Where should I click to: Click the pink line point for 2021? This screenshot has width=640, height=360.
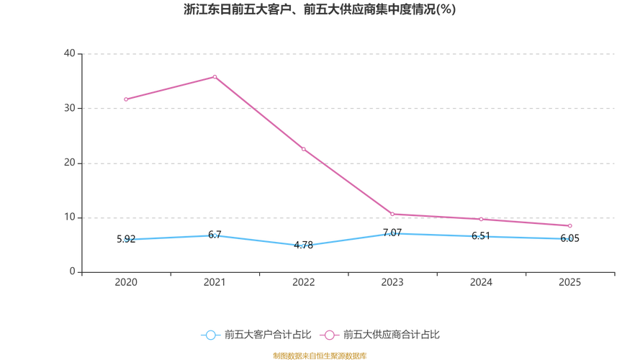[x=215, y=76]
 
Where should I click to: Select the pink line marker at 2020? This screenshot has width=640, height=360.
[x=126, y=99]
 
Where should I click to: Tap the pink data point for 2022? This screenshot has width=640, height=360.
[x=304, y=150]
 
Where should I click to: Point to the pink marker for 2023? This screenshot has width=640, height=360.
[x=393, y=213]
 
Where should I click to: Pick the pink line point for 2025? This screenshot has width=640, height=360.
[x=569, y=226]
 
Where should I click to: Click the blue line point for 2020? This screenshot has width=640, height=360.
[x=126, y=240]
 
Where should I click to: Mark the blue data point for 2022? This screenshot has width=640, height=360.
[x=304, y=246]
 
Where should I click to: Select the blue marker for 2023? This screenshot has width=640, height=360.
[x=393, y=233]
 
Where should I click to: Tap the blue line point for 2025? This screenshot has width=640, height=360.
[x=569, y=238]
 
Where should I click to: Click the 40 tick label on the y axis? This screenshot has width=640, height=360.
[x=70, y=53]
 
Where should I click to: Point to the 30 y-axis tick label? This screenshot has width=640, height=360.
[x=70, y=108]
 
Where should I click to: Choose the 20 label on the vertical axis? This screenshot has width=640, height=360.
[x=70, y=163]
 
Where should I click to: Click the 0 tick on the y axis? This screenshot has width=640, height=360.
[x=73, y=272]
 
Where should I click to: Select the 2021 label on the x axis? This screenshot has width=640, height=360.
[x=215, y=282]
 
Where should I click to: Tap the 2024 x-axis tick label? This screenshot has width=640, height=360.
[x=482, y=282]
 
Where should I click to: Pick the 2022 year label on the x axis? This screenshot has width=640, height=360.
[x=304, y=282]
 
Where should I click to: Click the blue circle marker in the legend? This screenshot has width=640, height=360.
[x=210, y=335]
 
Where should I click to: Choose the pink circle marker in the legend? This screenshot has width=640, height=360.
[x=330, y=335]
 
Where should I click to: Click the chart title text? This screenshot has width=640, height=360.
[x=320, y=10]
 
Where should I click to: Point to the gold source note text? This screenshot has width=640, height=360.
[x=320, y=355]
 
